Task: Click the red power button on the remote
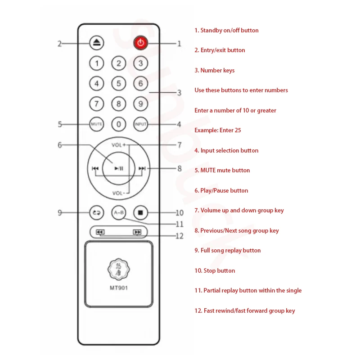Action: click(x=141, y=43)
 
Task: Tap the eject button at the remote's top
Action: click(x=97, y=43)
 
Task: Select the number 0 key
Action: click(x=118, y=124)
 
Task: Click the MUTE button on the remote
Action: click(x=97, y=124)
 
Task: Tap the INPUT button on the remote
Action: click(x=140, y=124)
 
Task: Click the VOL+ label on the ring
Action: click(x=119, y=145)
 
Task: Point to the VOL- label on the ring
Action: click(x=119, y=193)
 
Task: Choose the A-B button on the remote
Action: click(x=119, y=212)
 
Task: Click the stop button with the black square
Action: click(x=140, y=212)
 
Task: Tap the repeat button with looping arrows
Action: click(x=97, y=212)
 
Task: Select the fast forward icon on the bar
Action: click(x=137, y=232)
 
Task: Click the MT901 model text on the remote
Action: click(x=119, y=288)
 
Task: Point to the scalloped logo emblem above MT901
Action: click(x=119, y=269)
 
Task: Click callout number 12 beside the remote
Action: click(x=179, y=236)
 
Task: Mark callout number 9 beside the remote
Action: click(x=60, y=213)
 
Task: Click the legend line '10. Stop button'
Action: click(x=215, y=270)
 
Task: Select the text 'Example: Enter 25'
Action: click(x=218, y=130)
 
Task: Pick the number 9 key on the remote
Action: click(x=140, y=104)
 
